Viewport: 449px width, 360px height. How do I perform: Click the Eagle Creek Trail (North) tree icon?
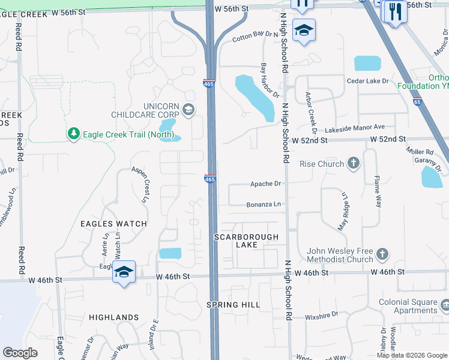[73, 133]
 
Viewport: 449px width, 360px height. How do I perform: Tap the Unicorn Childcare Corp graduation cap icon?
[188, 109]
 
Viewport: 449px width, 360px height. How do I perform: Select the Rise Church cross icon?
[354, 163]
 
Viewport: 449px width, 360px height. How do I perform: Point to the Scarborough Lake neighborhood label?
[247, 241]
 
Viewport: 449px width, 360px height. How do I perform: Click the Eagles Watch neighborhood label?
[114, 224]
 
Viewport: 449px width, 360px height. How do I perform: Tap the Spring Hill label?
[234, 305]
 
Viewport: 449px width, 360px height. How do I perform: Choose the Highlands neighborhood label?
[114, 317]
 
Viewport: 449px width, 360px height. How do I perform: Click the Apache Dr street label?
[265, 184]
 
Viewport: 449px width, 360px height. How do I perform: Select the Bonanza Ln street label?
[264, 205]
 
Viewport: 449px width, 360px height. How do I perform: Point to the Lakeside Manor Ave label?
[354, 128]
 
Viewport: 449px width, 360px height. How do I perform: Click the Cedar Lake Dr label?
[367, 81]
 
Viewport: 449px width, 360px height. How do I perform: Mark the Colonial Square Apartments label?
[407, 306]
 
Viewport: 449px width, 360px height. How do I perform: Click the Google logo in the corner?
[20, 352]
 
